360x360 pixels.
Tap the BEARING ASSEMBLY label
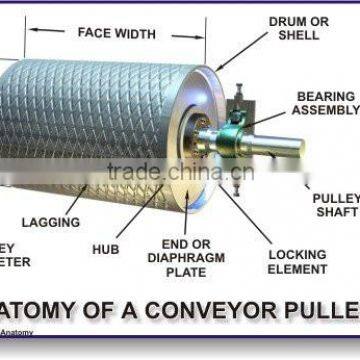click(327, 103)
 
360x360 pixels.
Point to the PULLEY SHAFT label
click(335, 205)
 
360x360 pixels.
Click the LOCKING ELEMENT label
click(297, 262)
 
